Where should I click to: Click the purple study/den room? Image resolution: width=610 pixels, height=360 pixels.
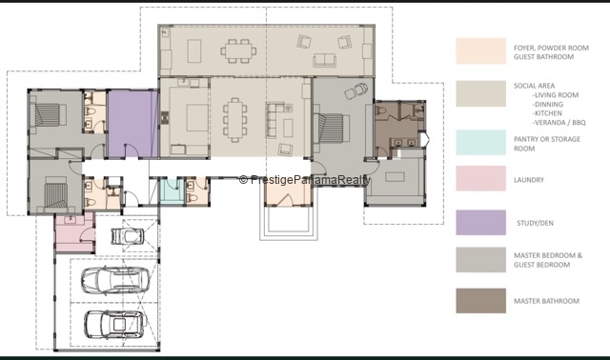tap(132, 124)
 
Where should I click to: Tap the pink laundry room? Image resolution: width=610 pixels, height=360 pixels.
tap(74, 233)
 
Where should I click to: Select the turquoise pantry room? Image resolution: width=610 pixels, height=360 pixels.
tap(172, 190)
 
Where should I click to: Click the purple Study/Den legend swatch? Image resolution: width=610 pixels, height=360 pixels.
tap(480, 223)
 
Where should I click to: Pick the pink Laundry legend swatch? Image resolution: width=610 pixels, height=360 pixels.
tap(480, 178)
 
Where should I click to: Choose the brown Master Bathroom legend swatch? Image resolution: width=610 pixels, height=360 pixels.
tap(480, 301)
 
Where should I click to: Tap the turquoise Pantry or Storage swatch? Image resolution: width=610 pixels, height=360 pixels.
tap(480, 142)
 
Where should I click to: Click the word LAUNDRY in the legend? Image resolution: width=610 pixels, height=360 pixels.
tap(529, 180)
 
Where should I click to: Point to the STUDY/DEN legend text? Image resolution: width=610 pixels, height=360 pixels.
tap(535, 223)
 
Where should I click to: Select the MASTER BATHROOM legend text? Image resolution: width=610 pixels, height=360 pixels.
tap(546, 301)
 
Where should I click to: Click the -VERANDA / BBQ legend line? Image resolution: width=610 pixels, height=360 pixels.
tap(559, 123)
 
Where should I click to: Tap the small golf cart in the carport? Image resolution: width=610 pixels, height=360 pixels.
tap(128, 236)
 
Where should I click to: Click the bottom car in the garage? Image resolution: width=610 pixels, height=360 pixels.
tap(115, 324)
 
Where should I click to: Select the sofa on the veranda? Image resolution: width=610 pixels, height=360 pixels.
tap(324, 60)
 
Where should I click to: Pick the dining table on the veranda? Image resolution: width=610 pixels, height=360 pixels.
tap(238, 50)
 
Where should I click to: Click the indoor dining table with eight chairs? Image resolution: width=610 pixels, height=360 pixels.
tap(234, 120)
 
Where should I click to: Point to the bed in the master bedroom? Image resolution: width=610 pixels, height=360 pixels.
tap(332, 128)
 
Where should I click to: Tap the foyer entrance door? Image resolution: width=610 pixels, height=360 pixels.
tap(286, 200)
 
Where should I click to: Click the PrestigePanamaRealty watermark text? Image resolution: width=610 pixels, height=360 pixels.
tap(305, 180)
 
